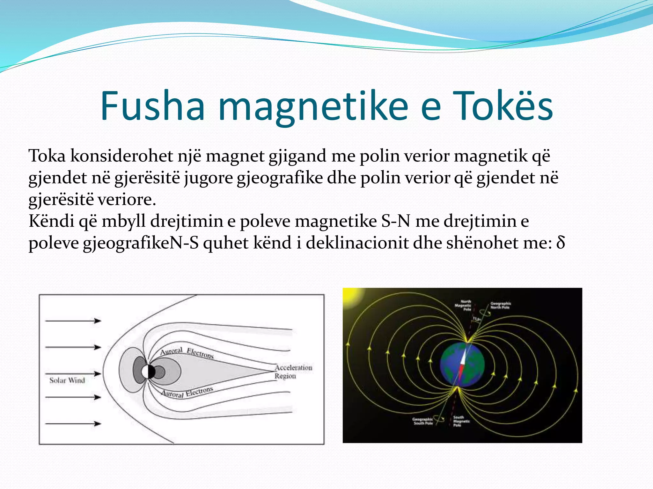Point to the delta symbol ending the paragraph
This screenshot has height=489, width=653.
[x=561, y=243]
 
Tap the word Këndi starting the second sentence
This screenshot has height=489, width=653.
[x=51, y=221]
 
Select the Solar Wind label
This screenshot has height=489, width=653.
[x=67, y=380]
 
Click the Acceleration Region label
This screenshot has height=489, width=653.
[x=293, y=372]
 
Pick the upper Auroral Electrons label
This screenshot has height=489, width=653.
[x=187, y=352]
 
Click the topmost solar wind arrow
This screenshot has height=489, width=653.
[x=73, y=321]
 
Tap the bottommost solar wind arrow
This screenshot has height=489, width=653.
[x=73, y=423]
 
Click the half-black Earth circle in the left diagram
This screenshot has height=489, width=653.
[x=148, y=372]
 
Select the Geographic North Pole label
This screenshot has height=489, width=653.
[x=500, y=305]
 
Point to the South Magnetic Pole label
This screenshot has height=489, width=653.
[x=461, y=421]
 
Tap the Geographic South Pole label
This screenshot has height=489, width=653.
[x=423, y=421]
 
